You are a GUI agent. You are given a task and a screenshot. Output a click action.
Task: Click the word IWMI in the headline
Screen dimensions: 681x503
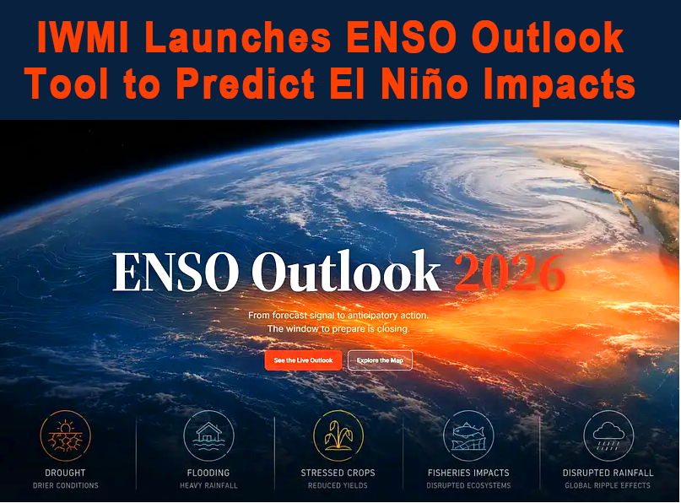click(83, 37)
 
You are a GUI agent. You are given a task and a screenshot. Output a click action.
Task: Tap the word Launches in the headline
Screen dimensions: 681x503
click(240, 37)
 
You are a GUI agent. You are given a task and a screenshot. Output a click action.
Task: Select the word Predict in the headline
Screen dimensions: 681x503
click(246, 84)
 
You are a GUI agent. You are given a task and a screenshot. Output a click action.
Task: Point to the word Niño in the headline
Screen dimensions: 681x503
click(424, 83)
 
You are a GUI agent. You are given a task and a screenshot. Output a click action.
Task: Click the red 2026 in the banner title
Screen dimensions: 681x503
click(510, 273)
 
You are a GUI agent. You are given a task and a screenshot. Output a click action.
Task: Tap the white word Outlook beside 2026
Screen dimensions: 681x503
click(346, 271)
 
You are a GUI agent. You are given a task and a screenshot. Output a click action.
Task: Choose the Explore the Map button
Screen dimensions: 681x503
click(380, 360)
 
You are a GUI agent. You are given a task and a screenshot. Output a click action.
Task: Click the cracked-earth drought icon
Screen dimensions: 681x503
click(65, 435)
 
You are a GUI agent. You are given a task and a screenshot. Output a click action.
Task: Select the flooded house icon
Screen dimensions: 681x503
click(208, 435)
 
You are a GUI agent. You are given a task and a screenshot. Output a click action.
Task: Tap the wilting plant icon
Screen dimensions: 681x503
click(338, 435)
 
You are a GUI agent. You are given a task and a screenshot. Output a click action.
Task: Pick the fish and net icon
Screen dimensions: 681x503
click(468, 435)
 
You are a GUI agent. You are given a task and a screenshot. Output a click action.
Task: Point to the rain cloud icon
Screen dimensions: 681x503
click(608, 435)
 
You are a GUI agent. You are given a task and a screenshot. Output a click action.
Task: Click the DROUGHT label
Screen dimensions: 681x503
click(65, 473)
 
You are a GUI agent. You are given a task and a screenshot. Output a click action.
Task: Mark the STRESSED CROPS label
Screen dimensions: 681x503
click(338, 473)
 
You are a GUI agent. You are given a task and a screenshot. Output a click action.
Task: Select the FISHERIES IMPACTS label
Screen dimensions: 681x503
click(468, 473)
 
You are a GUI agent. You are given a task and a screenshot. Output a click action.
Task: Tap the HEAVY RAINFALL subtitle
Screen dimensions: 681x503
click(208, 485)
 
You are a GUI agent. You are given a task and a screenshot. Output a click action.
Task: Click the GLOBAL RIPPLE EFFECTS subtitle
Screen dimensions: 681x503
click(608, 485)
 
